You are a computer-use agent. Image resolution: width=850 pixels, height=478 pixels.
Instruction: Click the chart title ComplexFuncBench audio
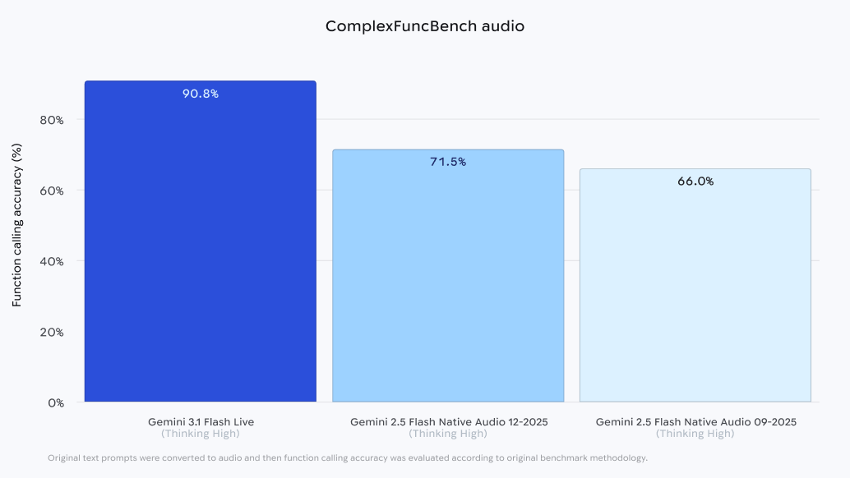[424, 26]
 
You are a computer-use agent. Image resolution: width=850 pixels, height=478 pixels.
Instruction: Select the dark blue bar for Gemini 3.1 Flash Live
[201, 246]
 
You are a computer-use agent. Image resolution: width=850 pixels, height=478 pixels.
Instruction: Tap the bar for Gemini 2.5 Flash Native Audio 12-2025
[448, 279]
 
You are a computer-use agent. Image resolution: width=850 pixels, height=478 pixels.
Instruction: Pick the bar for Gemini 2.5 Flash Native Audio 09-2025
[695, 287]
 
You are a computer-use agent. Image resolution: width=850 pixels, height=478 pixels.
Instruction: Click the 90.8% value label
[201, 94]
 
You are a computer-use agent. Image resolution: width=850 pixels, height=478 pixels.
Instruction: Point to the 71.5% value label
[448, 162]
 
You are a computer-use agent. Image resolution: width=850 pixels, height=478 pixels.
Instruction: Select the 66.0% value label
[695, 182]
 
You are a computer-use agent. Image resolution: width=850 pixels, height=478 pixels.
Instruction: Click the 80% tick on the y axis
[52, 120]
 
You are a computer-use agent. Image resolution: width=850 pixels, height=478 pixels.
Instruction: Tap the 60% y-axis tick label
[52, 191]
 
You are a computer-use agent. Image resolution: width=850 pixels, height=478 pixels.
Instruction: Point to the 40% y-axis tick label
[52, 261]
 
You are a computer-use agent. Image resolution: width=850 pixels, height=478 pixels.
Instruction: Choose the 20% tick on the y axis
[52, 332]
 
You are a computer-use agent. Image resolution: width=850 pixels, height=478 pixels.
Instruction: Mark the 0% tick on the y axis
[56, 402]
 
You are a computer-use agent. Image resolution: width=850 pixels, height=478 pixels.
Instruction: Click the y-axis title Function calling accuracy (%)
[16, 225]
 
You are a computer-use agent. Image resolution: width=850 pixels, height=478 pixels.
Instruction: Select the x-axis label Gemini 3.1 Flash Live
[201, 422]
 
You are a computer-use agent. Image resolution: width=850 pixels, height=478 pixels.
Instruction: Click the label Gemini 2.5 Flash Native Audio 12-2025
[448, 422]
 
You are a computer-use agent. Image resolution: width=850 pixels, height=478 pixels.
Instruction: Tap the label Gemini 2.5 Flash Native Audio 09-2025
[695, 422]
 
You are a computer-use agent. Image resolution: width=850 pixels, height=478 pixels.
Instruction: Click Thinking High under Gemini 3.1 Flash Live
[201, 434]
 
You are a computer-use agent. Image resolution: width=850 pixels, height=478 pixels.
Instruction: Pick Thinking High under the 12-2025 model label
[448, 434]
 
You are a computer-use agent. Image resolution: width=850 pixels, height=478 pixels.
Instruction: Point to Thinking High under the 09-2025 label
[695, 434]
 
